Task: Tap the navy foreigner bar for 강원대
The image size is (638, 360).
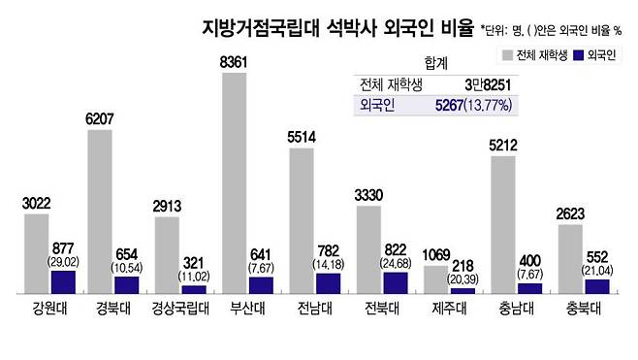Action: pos(63,281)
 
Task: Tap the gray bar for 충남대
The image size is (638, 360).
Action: pos(502,223)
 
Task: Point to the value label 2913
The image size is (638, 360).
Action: pos(167,206)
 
